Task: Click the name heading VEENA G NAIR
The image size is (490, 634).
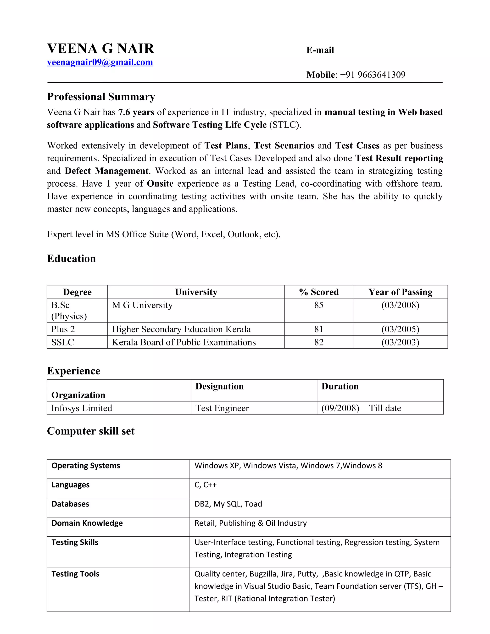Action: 100,49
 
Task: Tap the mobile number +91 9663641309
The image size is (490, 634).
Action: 373,75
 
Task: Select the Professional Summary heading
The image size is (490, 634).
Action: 101,97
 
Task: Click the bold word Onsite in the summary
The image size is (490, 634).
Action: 160,184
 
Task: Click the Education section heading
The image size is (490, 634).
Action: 71,259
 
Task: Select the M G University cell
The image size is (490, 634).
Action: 142,305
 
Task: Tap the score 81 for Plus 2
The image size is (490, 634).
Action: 319,329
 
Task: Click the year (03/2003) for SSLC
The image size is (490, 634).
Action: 400,342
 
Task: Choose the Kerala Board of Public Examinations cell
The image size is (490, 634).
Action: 184,342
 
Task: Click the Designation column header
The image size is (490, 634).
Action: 219,386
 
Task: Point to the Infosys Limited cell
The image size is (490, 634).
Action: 82,408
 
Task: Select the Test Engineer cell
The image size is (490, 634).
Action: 222,408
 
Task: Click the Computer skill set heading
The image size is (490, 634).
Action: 91,431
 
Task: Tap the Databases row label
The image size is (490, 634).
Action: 70,504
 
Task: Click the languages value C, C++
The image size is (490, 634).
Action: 206,485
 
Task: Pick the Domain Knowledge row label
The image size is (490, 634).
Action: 87,523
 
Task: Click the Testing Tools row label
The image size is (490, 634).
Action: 75,574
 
